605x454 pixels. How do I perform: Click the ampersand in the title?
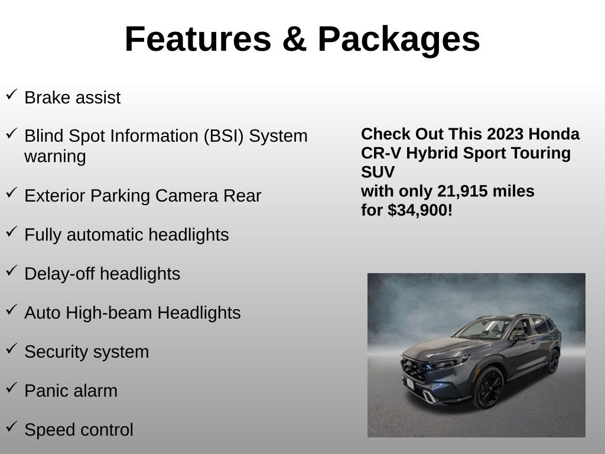point(294,38)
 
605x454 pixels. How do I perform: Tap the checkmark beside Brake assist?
point(12,95)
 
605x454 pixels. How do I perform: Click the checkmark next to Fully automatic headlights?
point(12,232)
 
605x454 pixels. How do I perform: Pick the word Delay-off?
point(60,274)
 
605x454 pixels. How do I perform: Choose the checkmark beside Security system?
point(12,349)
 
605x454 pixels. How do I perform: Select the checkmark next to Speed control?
point(12,427)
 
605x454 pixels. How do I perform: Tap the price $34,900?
point(420,210)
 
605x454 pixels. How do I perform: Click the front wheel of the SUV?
point(489,388)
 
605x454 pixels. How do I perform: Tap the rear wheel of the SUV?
point(554,361)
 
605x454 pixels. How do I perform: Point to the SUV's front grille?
point(414,369)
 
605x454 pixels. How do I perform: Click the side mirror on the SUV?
point(519,337)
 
